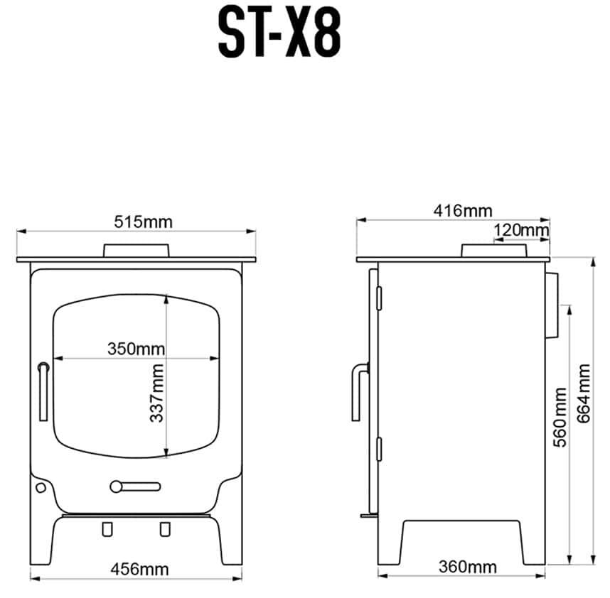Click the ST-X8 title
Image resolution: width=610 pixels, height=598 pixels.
[279, 32]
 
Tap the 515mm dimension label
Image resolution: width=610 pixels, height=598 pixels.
[143, 222]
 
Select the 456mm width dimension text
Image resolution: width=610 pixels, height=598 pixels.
[139, 570]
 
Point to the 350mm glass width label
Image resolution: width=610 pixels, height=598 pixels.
[137, 349]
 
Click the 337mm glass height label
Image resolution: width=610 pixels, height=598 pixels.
[157, 393]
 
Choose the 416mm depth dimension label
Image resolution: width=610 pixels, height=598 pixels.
[463, 211]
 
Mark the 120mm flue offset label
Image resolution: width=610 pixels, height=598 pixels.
[521, 230]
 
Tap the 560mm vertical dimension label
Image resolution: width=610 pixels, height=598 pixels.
[560, 417]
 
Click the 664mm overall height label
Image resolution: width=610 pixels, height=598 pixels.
[584, 393]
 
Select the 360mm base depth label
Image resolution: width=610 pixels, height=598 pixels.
[468, 567]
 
